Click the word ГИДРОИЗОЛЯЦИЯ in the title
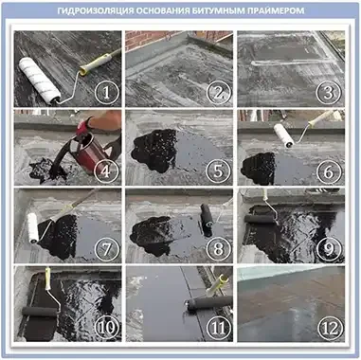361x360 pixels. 95,10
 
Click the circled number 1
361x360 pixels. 107,93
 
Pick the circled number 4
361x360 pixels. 107,171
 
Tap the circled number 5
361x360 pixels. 218,171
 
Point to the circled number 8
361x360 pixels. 218,249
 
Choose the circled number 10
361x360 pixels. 107,328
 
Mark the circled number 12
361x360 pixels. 330,328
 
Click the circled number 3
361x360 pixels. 330,93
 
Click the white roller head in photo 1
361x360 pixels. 39,81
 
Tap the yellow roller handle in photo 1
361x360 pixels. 96,63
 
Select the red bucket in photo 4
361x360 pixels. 91,153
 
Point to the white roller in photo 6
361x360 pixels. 283,135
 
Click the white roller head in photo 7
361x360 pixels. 32,228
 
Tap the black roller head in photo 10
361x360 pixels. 39,312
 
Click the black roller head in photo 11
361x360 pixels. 209,303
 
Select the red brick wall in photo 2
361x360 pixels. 152,39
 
